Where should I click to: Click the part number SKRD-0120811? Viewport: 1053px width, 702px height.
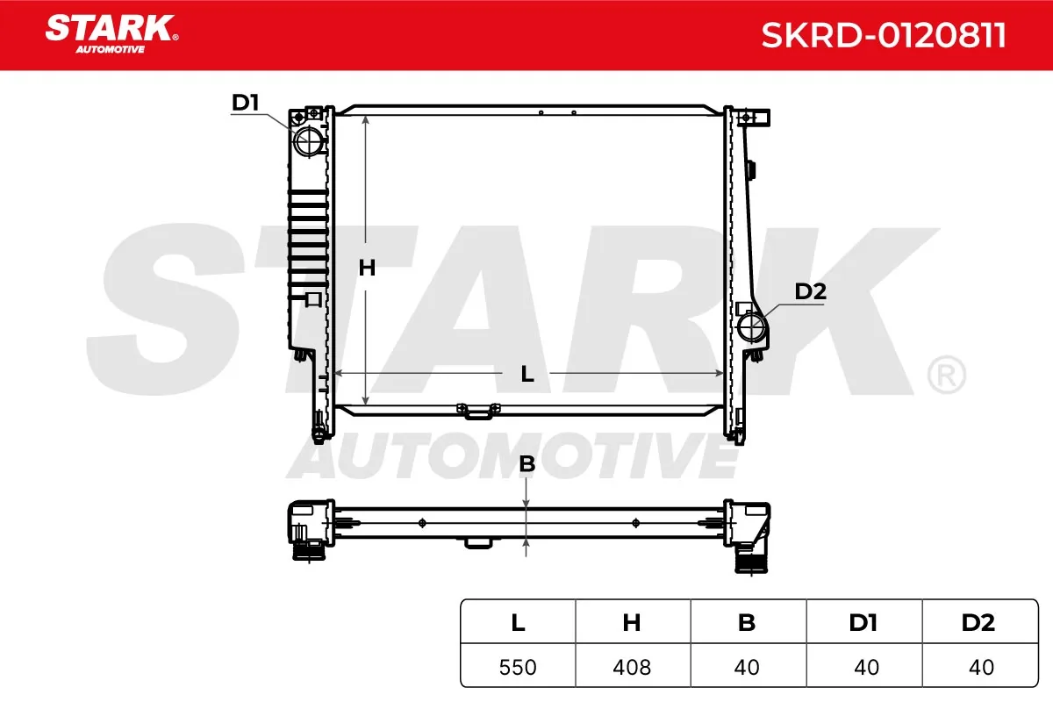pyautogui.click(x=884, y=35)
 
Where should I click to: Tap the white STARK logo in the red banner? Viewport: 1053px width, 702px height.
pyautogui.click(x=111, y=34)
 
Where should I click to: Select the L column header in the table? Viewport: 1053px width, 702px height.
pyautogui.click(x=518, y=622)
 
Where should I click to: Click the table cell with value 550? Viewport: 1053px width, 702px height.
pyautogui.click(x=518, y=667)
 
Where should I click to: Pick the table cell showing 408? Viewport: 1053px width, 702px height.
pyautogui.click(x=632, y=667)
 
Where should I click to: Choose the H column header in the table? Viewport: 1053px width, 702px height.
pyautogui.click(x=632, y=622)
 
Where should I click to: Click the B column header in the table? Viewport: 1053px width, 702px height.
pyautogui.click(x=747, y=622)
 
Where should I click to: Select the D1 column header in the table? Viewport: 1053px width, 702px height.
pyautogui.click(x=863, y=622)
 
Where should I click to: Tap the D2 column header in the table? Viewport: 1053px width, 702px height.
pyautogui.click(x=978, y=622)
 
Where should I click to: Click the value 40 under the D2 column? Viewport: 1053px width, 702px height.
pyautogui.click(x=981, y=667)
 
